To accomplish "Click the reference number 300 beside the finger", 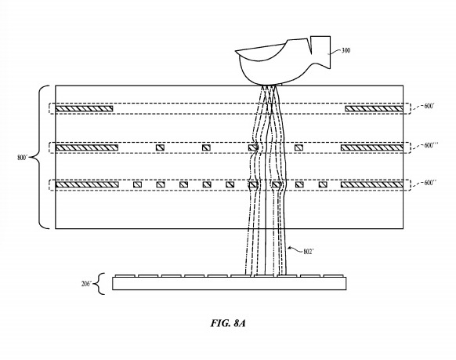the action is click(346, 50).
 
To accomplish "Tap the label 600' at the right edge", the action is click(429, 106).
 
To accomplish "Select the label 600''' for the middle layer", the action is click(431, 145).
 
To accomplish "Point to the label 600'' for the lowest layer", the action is click(430, 183).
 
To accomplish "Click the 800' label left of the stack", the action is click(23, 158).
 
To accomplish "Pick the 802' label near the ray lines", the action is click(309, 252).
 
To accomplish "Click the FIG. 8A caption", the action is click(228, 323).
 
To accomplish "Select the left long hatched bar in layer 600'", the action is click(84, 108).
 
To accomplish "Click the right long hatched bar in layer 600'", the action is click(374, 108).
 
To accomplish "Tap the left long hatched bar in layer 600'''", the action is click(87, 147).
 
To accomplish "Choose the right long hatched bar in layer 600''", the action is click(372, 184).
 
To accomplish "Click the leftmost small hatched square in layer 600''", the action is click(137, 184).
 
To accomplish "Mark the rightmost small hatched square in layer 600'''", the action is click(299, 147).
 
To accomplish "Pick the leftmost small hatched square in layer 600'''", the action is click(160, 147).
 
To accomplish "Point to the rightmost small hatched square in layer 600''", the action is click(323, 184).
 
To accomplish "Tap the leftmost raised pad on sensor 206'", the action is click(125, 275).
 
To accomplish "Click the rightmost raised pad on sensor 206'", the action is click(334, 275).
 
